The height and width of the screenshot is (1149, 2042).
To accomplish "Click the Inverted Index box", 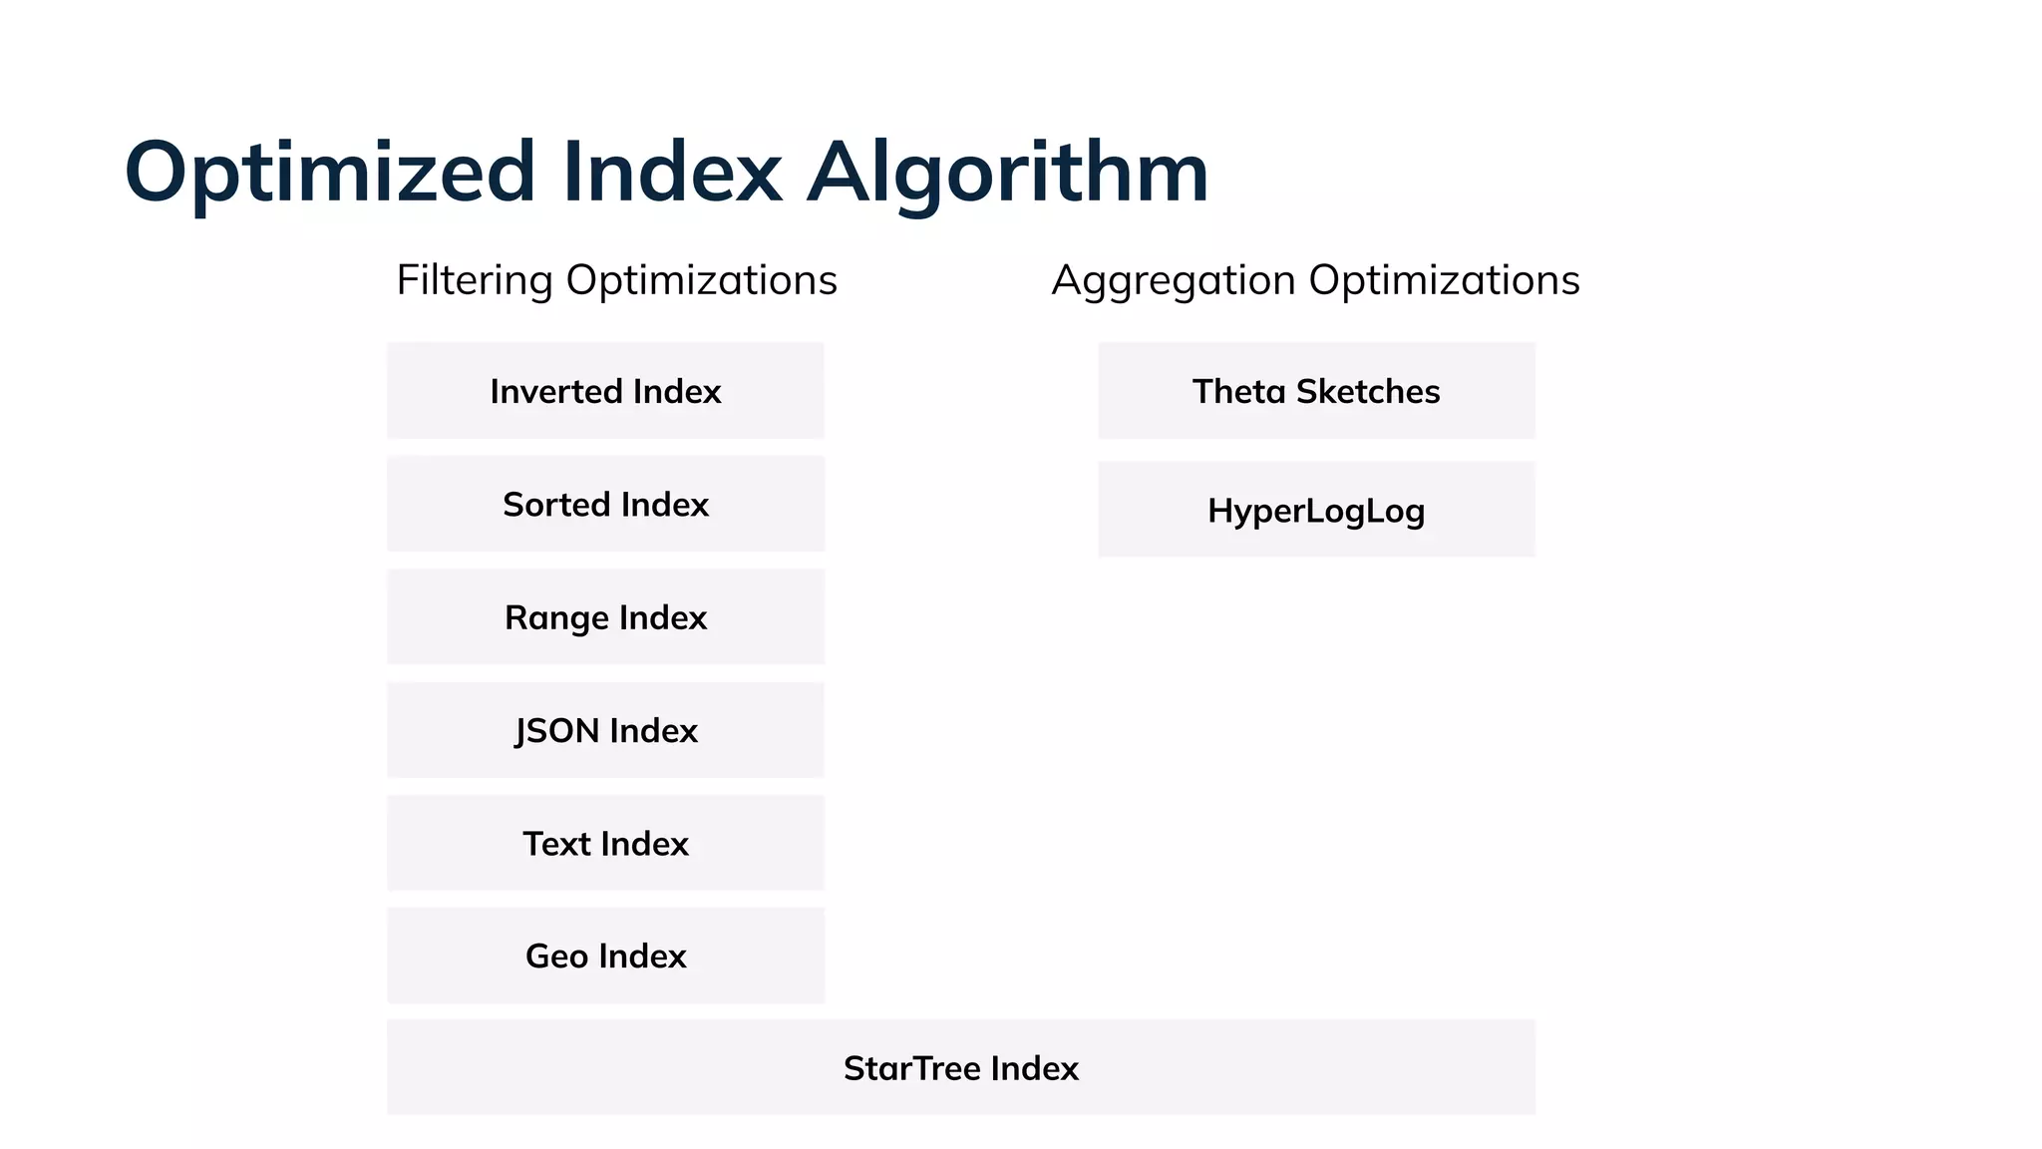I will tap(605, 391).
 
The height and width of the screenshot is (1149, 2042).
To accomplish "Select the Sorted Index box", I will tap(605, 505).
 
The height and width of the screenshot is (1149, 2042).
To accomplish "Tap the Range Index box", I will tap(605, 617).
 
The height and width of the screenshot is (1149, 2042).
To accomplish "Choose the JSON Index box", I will tap(605, 731).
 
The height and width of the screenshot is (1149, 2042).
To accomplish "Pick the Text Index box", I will tap(605, 844).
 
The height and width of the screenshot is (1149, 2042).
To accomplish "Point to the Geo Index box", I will tap(605, 957).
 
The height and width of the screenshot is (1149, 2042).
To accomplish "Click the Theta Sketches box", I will tap(1316, 391).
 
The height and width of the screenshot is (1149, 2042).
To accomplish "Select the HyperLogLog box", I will tap(1316, 511).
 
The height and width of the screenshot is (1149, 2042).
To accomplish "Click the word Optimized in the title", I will tap(330, 174).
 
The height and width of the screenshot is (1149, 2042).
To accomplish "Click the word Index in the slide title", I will tap(671, 174).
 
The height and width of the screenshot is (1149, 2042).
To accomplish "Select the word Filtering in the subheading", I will tap(474, 280).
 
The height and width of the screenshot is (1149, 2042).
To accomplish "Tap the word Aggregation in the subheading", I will tap(1173, 280).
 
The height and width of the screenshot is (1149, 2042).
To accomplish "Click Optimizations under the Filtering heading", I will tap(702, 280).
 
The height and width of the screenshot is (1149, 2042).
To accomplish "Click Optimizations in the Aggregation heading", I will tap(1444, 280).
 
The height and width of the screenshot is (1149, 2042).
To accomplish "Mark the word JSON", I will tap(556, 731).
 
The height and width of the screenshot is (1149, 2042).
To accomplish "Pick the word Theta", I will tap(1238, 391).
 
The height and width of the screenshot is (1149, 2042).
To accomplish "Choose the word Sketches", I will tap(1367, 391).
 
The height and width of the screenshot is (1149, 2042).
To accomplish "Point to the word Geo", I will tap(555, 957).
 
